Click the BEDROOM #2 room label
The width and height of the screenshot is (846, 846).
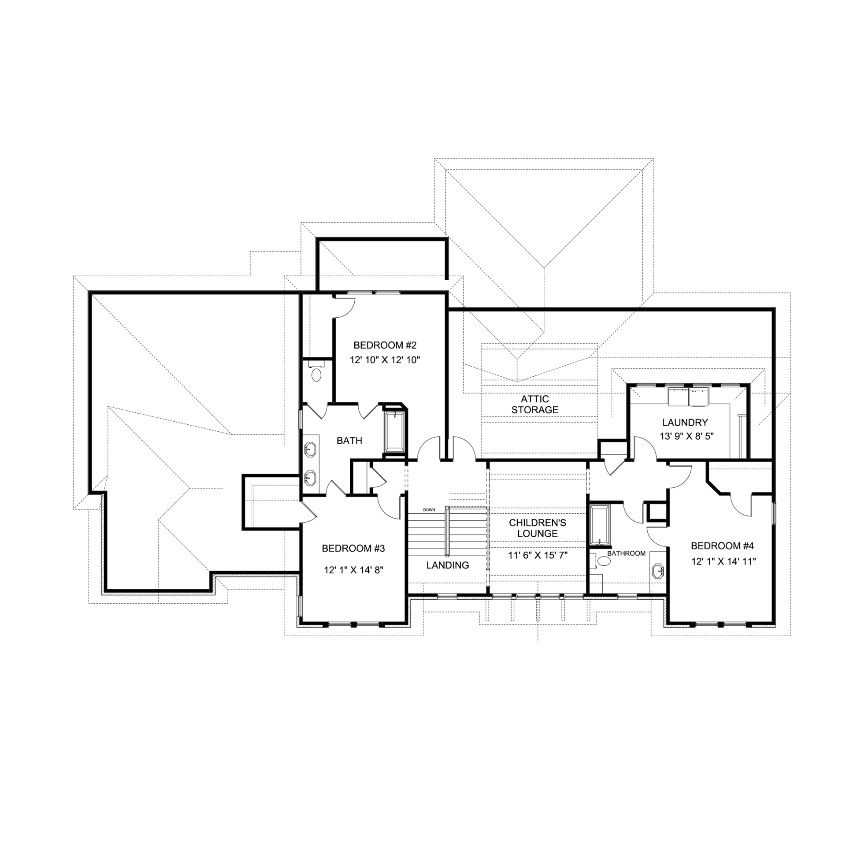coord(385,345)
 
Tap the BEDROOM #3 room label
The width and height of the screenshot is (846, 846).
coord(353,548)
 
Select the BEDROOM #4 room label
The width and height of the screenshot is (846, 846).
coord(722,546)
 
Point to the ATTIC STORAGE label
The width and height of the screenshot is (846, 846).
coord(535,404)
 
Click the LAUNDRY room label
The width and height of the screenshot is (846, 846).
coord(685,422)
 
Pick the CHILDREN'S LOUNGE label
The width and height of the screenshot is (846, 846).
coord(538,528)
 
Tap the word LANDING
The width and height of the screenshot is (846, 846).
coord(447,565)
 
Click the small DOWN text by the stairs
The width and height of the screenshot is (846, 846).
coord(429,510)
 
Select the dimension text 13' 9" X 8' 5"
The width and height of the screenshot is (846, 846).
coord(686,436)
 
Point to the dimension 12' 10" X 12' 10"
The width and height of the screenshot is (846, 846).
coord(385,360)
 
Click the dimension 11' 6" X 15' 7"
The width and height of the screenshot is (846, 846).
coord(538,555)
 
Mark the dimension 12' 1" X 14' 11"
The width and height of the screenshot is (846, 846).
coord(724,561)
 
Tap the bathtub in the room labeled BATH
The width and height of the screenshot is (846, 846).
coord(395,431)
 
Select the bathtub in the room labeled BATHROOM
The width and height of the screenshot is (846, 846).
coord(600,526)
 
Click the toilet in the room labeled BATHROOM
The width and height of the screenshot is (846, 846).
coord(601,560)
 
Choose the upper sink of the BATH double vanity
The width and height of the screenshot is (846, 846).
coord(311,449)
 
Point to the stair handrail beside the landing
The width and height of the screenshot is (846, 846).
coord(447,532)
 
